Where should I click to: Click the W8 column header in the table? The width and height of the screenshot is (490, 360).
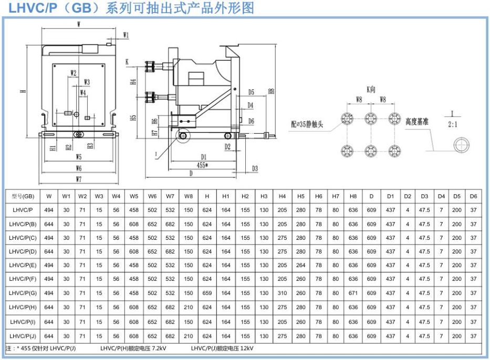pyautogui.click(x=188, y=196)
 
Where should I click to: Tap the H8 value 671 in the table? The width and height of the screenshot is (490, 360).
pyautogui.click(x=353, y=293)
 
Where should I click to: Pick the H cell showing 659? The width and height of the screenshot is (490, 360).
pyautogui.click(x=207, y=293)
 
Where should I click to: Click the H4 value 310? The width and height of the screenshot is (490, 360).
pyautogui.click(x=282, y=293)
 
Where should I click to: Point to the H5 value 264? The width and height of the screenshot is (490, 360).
pyautogui.click(x=300, y=266)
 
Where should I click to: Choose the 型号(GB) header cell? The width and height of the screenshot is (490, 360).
pyautogui.click(x=23, y=196)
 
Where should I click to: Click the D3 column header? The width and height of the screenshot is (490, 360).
pyautogui.click(x=424, y=196)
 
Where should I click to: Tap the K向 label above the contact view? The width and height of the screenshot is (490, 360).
pyautogui.click(x=371, y=90)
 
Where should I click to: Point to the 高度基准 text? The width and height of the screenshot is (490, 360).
pyautogui.click(x=417, y=122)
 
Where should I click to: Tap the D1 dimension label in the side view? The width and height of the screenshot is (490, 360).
pyautogui.click(x=203, y=156)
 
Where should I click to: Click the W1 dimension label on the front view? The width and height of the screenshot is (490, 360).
pyautogui.click(x=126, y=35)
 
